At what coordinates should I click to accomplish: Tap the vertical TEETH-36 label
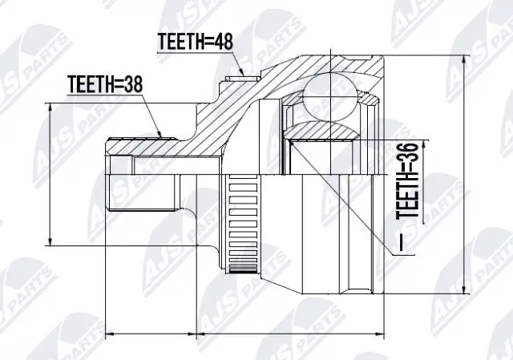(x=409, y=181)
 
